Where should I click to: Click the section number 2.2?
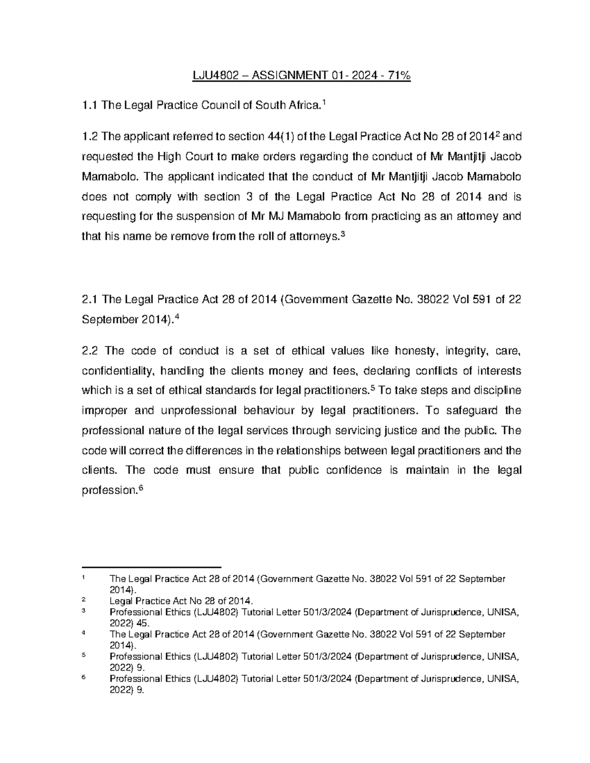point(90,350)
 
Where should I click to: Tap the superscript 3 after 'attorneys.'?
point(343,234)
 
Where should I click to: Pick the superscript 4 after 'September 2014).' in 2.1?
point(177,317)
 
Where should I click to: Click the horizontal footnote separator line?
point(151,567)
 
